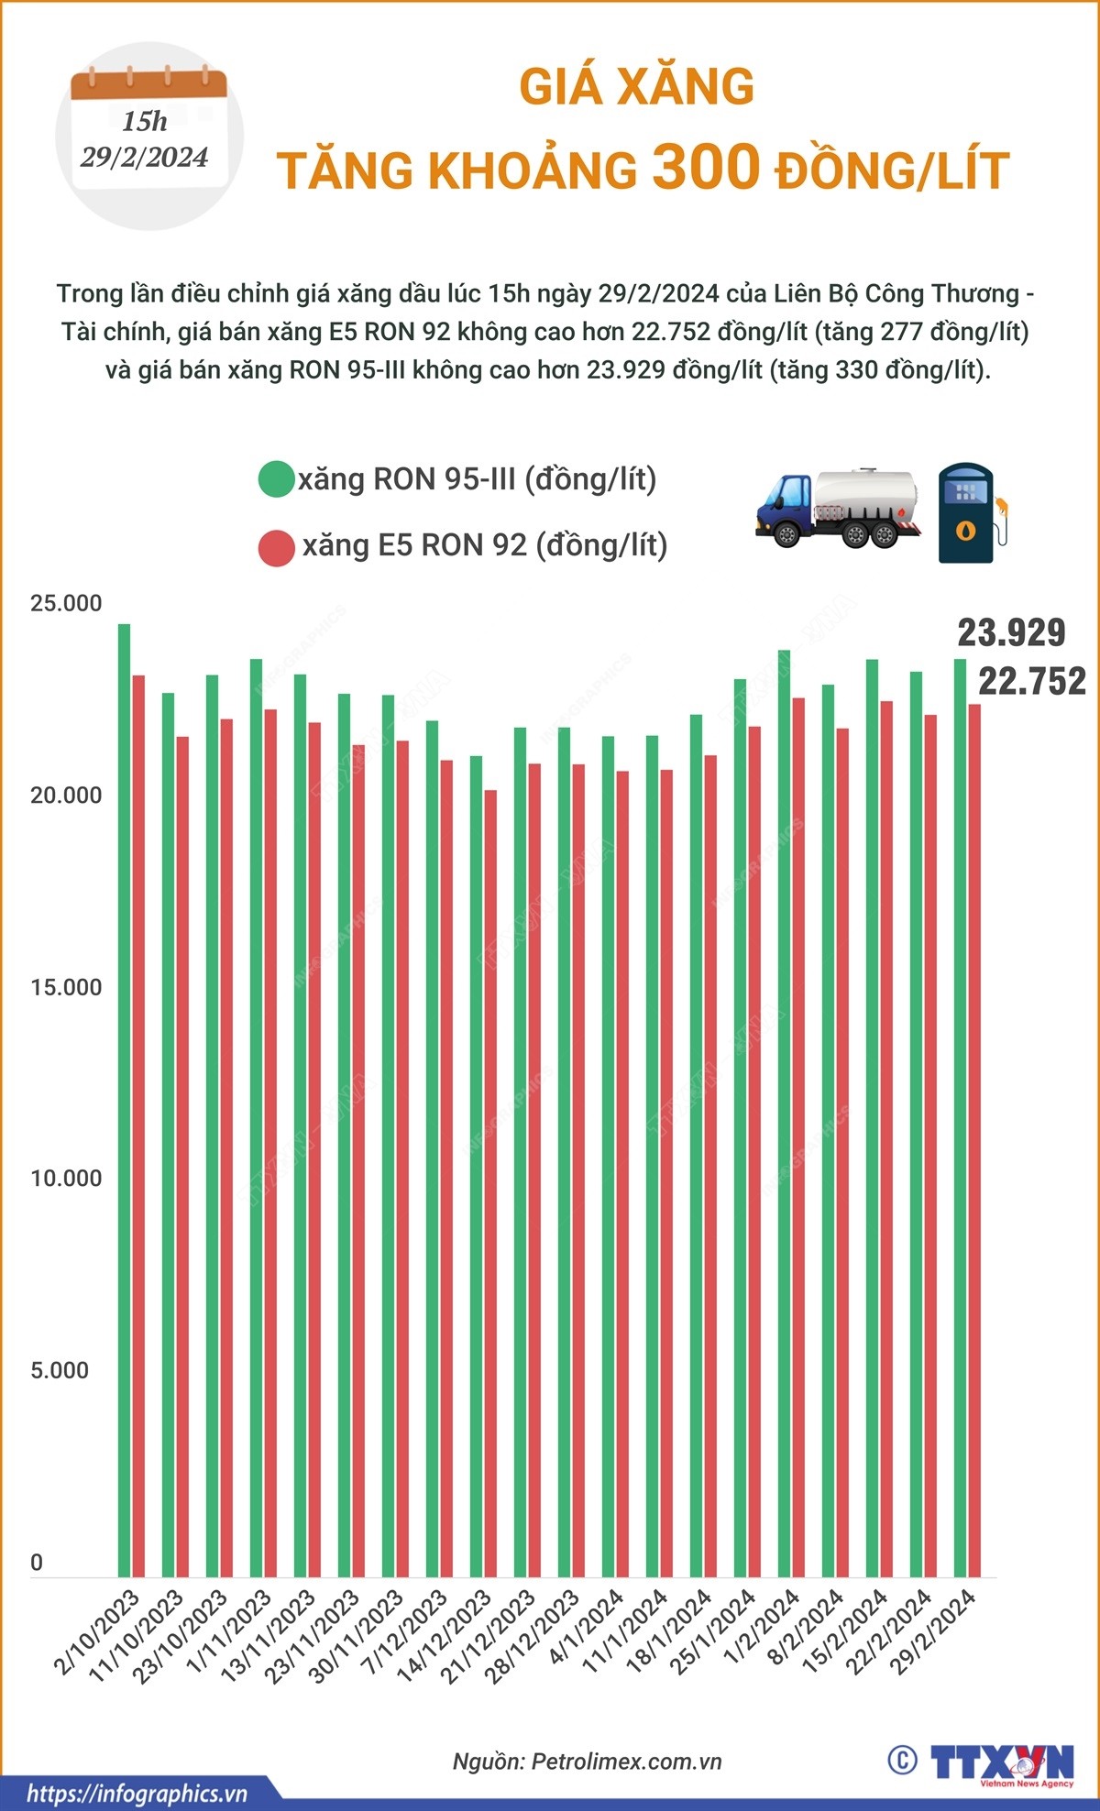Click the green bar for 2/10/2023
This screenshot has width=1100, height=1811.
click(124, 1100)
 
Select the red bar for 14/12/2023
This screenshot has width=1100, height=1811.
click(490, 1182)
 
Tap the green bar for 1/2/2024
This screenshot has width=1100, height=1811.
click(784, 1114)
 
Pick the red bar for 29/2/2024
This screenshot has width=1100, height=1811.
click(974, 1141)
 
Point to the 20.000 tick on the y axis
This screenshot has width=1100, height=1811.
click(66, 796)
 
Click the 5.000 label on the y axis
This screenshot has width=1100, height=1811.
click(60, 1371)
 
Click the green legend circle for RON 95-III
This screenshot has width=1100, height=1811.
click(275, 479)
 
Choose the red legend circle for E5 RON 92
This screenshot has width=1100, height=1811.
click(276, 547)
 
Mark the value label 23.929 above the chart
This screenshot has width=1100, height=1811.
click(1011, 633)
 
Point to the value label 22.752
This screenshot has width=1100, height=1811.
click(1031, 681)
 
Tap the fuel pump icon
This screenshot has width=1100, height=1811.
click(971, 513)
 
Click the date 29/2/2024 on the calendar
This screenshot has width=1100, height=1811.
click(145, 158)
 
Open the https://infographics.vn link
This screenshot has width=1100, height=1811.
click(137, 1793)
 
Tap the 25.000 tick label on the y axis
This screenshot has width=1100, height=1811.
click(66, 604)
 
